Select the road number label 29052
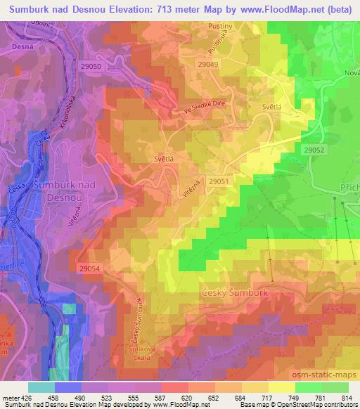click(x=315, y=149)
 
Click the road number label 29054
click(x=90, y=268)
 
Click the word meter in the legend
click(x=10, y=398)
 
